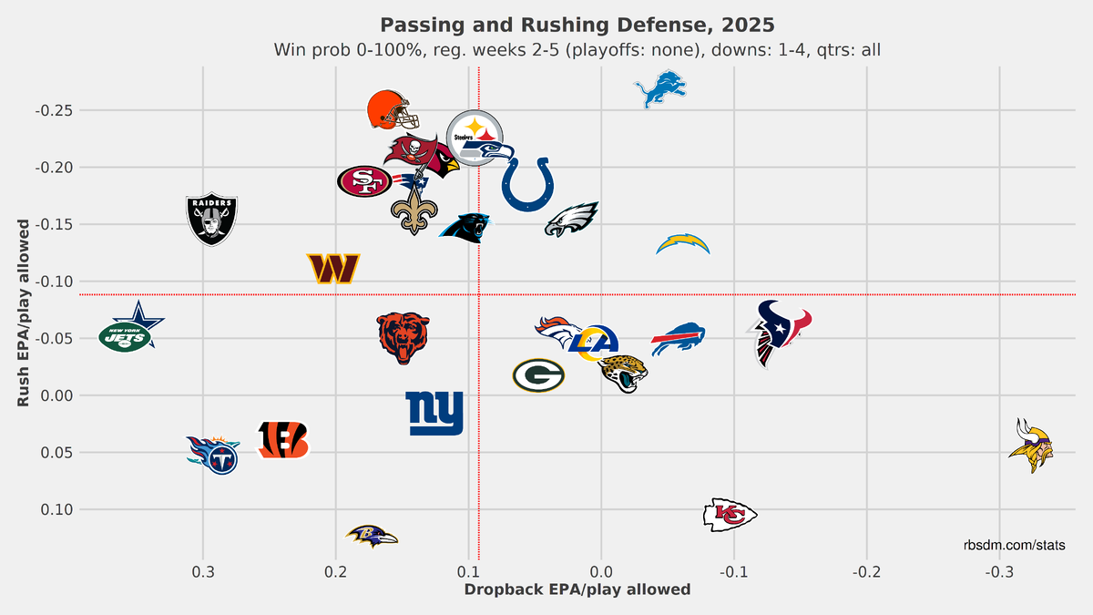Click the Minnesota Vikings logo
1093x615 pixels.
tap(1031, 446)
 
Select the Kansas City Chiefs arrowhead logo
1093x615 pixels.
tap(730, 515)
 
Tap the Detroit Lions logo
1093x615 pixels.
tap(659, 88)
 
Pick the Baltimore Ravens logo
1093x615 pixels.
tap(373, 536)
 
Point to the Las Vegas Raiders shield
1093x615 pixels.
tap(212, 220)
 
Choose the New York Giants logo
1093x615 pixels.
tap(434, 414)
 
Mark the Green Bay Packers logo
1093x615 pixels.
tap(538, 375)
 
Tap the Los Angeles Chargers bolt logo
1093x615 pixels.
tap(682, 244)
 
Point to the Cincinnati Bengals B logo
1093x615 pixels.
tap(283, 439)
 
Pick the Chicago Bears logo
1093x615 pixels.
tap(403, 337)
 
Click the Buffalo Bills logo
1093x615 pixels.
tap(678, 339)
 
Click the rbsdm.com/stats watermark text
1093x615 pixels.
tap(1015, 545)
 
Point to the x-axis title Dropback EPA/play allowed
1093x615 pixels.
tap(577, 589)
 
